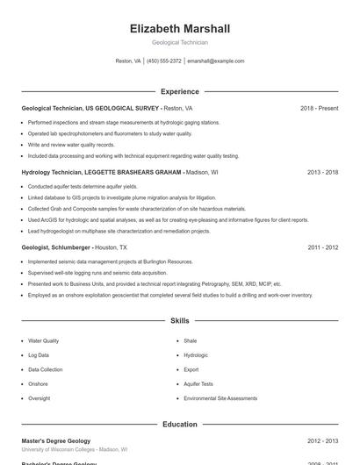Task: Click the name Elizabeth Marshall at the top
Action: pos(179,29)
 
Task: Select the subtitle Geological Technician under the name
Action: pos(179,42)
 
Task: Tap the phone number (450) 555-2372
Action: pos(164,61)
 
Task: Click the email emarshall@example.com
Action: pos(215,61)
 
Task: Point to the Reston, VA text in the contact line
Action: pos(128,61)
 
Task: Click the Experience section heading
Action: pos(179,91)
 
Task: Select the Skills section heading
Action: pos(179,321)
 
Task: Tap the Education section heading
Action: pos(179,425)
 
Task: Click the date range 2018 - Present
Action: pos(319,108)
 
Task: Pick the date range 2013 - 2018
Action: pos(322,173)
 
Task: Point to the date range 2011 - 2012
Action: pos(322,247)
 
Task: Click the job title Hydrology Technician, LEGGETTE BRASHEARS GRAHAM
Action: pos(102,173)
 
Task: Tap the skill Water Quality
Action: pos(44,340)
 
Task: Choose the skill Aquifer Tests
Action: pos(198,384)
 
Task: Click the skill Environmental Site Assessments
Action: pos(220,398)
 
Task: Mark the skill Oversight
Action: pos(39,398)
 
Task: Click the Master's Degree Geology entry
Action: pos(55,440)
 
